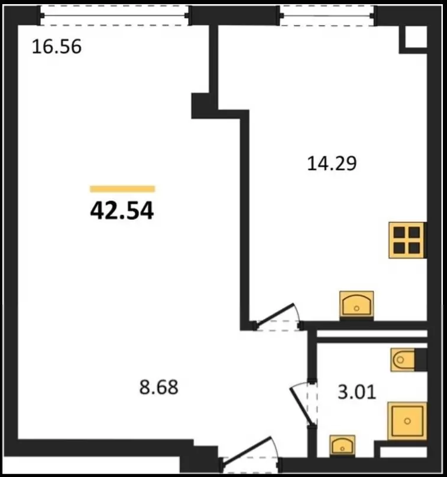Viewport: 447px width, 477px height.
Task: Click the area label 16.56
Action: (x=57, y=47)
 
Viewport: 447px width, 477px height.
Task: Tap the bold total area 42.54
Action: (x=122, y=211)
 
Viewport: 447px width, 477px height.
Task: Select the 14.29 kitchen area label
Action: (x=332, y=164)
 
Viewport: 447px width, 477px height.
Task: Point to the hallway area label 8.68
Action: (x=158, y=387)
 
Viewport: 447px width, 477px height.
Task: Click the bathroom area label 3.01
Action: (x=357, y=392)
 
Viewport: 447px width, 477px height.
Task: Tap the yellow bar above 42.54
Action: (x=122, y=189)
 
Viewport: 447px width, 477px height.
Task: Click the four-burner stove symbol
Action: (x=406, y=240)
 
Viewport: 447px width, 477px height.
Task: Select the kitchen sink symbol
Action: (x=357, y=305)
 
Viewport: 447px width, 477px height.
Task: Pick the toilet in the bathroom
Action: (x=403, y=360)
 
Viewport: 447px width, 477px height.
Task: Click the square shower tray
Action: (x=407, y=421)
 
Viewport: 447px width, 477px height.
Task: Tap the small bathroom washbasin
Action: (x=342, y=446)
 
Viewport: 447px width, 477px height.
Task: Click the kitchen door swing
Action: (x=277, y=316)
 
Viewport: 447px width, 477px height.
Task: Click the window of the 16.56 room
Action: (x=114, y=15)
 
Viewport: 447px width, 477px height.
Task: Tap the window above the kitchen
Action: (x=327, y=15)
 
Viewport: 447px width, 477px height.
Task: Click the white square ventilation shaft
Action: (x=416, y=37)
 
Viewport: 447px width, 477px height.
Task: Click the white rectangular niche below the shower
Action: (x=403, y=452)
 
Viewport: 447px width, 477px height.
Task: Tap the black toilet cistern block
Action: (x=420, y=360)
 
